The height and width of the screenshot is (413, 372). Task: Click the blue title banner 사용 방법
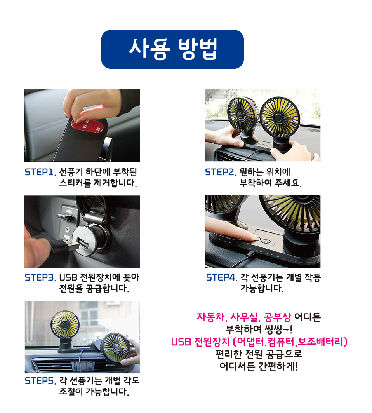click(x=172, y=49)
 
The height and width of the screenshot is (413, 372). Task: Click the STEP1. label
click(x=40, y=172)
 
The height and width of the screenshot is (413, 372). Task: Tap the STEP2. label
click(x=221, y=172)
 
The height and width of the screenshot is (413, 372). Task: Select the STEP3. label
click(x=40, y=277)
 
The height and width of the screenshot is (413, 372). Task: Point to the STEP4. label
click(x=222, y=277)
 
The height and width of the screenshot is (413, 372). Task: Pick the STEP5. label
click(x=40, y=381)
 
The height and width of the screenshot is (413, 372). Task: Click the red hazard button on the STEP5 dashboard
click(x=83, y=366)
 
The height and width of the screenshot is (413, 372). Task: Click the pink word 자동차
click(x=210, y=317)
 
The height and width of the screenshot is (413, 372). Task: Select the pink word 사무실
click(x=244, y=317)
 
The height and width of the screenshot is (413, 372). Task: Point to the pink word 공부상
click(x=278, y=317)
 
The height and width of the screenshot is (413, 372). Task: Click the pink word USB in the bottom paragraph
click(x=181, y=342)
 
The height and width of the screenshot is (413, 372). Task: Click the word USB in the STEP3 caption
click(x=68, y=277)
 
